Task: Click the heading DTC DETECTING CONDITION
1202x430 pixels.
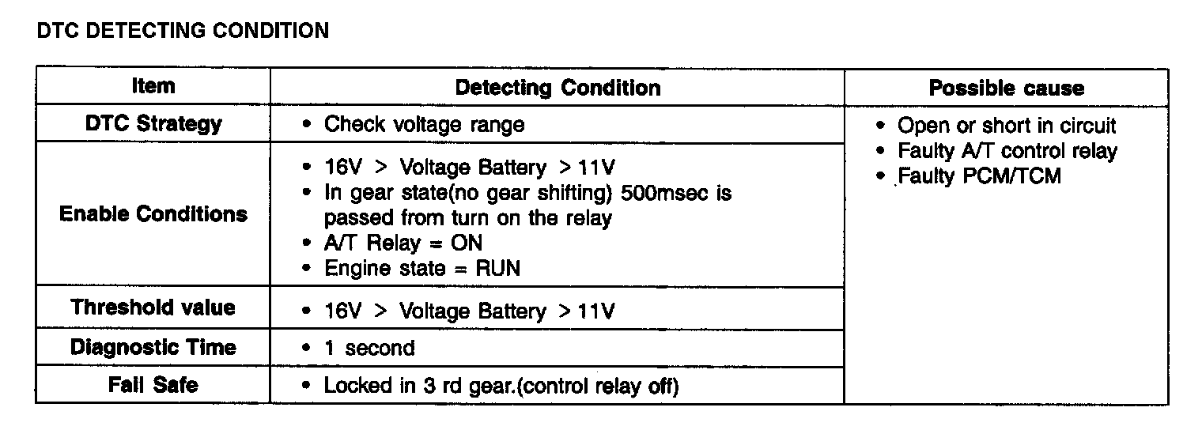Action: tap(183, 31)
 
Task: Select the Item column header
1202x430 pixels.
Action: tap(153, 86)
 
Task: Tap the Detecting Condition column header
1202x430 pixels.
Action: tap(558, 88)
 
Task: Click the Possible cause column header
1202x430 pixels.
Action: tap(1006, 88)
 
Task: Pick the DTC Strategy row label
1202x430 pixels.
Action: tap(153, 124)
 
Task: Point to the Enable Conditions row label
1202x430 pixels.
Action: tap(153, 214)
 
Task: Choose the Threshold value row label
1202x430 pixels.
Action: tap(153, 307)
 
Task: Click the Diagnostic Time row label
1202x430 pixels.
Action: tap(153, 347)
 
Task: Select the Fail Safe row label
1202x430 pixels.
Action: tap(153, 385)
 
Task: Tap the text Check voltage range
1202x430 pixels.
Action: tap(424, 125)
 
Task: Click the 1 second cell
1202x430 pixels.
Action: tap(369, 348)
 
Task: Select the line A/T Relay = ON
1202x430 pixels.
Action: tap(403, 243)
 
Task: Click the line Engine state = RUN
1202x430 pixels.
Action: tap(422, 268)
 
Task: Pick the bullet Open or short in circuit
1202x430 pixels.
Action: tap(1007, 126)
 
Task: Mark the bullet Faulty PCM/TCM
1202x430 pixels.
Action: tap(979, 175)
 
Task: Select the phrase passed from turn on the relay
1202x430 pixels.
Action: tap(467, 218)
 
